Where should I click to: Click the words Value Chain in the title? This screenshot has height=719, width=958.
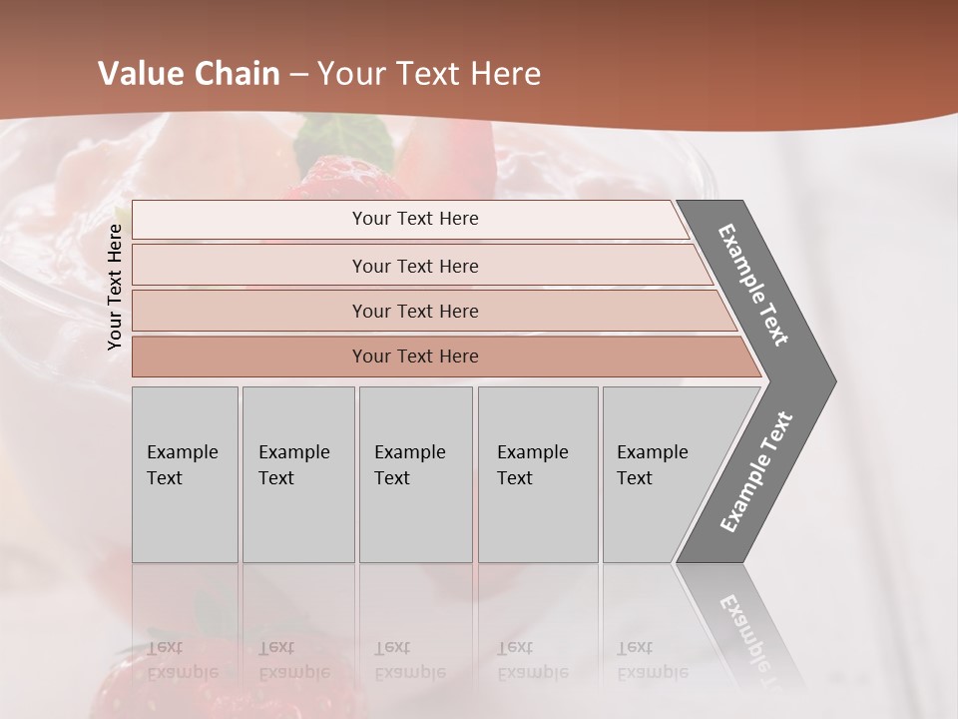189,74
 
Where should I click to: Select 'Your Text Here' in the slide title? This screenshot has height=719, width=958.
429,74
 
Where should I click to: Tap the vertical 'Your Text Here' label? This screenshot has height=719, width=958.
115,287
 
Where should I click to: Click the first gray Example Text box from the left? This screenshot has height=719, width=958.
185,473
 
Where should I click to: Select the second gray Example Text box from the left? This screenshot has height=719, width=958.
297,473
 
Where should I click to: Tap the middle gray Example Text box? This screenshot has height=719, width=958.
415,473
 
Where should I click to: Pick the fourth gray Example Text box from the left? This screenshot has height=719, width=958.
538,473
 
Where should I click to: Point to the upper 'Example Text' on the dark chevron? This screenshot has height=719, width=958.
753,286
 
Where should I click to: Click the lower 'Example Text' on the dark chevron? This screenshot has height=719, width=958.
755,472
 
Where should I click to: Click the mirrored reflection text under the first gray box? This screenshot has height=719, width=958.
183,660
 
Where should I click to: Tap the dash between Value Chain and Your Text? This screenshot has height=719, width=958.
298,75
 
